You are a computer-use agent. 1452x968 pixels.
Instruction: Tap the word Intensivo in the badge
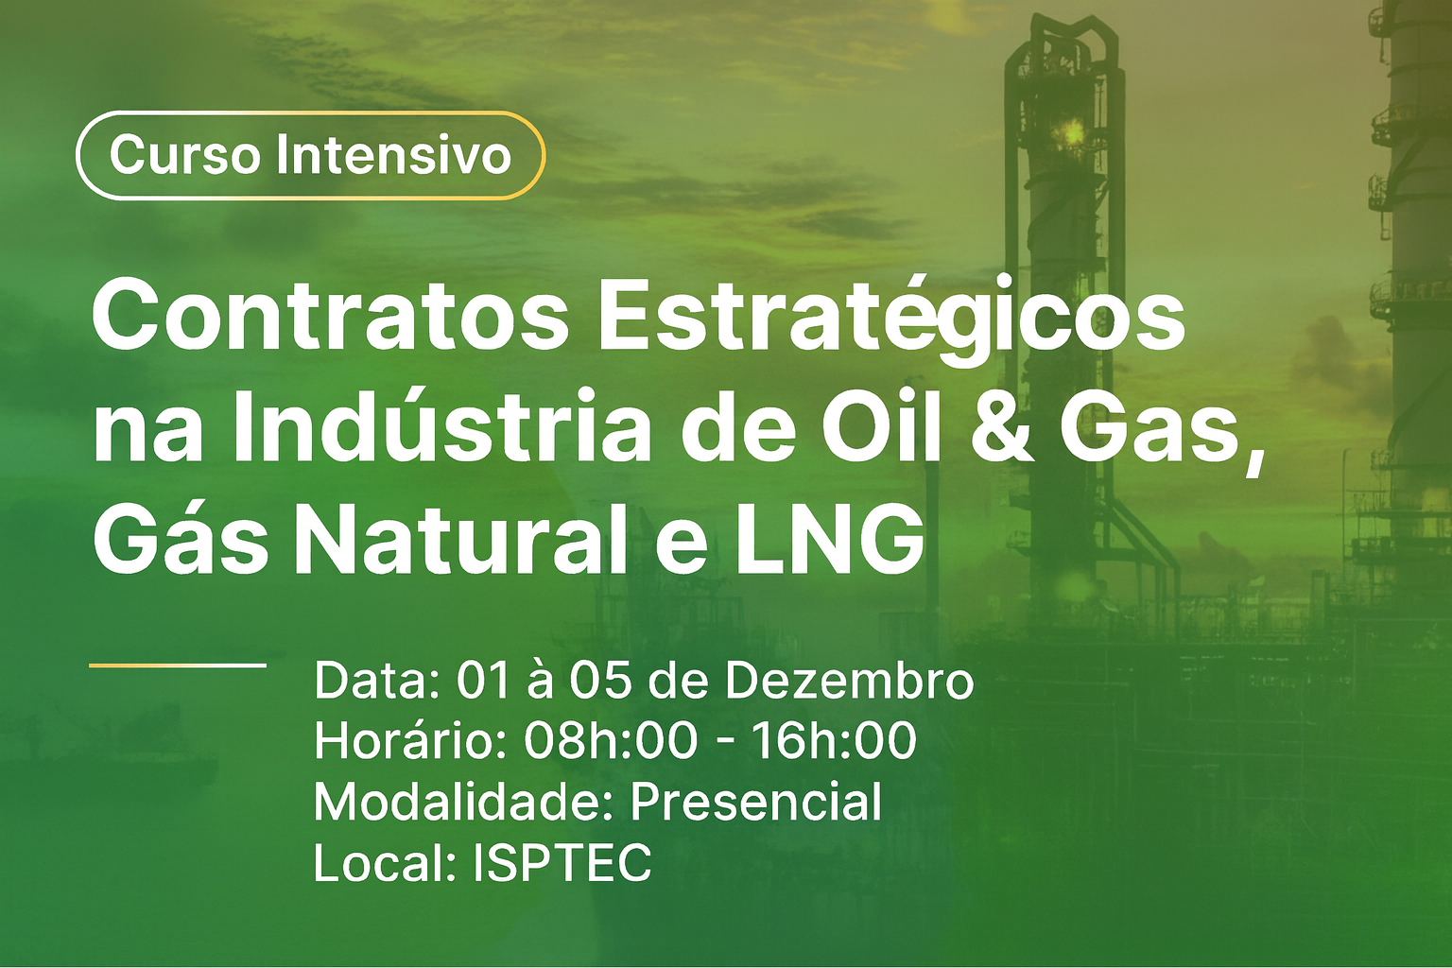(x=394, y=155)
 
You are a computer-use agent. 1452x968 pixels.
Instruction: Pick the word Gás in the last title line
(x=181, y=536)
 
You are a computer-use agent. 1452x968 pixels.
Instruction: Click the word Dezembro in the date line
(x=849, y=680)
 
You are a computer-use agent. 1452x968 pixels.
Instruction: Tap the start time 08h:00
(x=611, y=740)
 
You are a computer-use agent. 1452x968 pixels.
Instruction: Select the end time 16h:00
(x=834, y=740)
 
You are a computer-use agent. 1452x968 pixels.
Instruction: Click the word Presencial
(x=756, y=802)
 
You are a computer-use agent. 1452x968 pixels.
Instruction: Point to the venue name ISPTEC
(x=562, y=862)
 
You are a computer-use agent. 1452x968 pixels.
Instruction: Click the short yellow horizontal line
(x=178, y=665)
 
